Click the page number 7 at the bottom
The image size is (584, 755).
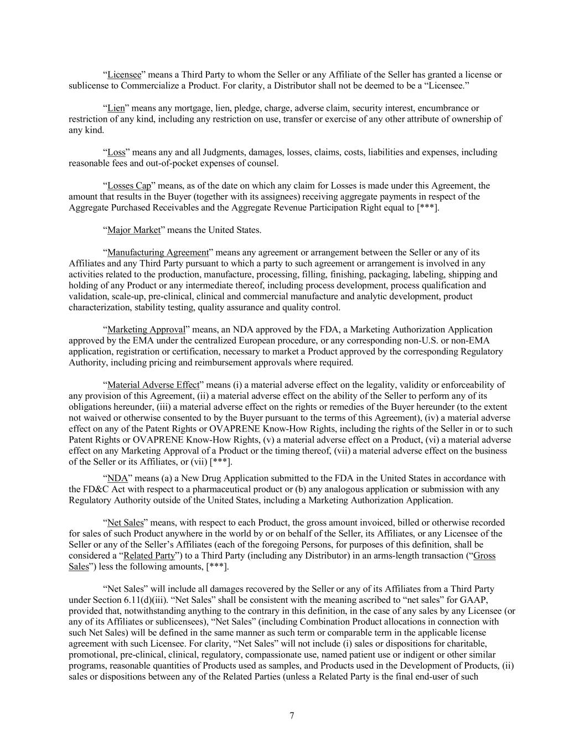click(x=292, y=716)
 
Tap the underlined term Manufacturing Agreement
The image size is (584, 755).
click(x=158, y=252)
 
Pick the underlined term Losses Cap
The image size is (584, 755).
click(x=129, y=186)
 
